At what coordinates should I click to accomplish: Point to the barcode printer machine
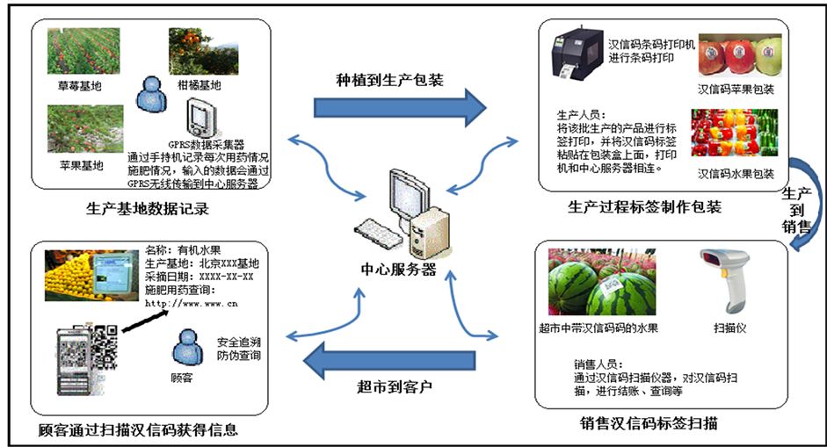tap(577, 55)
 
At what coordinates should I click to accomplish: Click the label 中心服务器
tap(398, 269)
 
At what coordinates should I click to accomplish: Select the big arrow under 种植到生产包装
tap(400, 108)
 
